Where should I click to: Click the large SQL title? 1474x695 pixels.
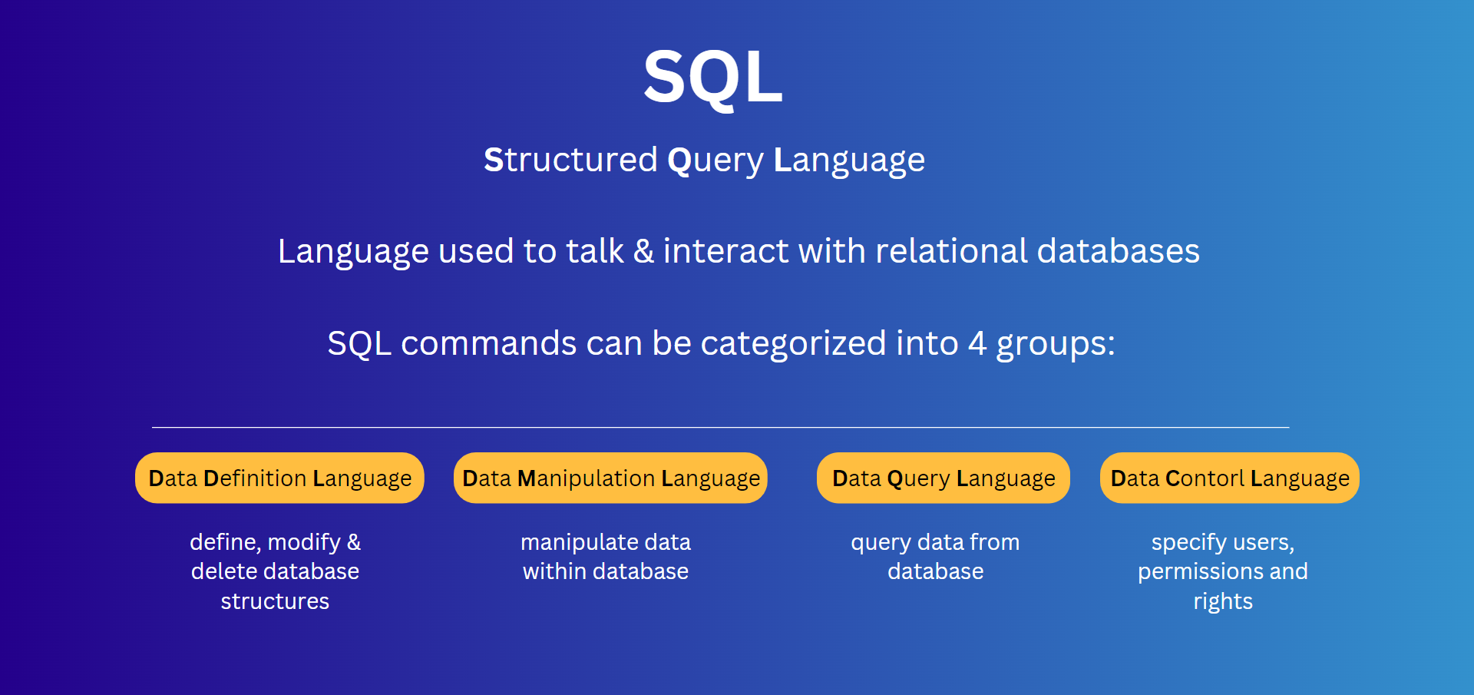point(713,77)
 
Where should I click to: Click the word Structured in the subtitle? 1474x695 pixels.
point(570,160)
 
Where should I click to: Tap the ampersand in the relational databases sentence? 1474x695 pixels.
point(643,251)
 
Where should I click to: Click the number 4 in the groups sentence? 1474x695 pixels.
point(977,343)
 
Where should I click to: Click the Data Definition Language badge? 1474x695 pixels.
point(279,478)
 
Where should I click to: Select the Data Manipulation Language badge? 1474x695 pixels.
point(610,478)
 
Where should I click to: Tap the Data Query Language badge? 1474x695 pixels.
point(944,478)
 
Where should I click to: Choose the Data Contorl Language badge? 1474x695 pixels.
point(1230,478)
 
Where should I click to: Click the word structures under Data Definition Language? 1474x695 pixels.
point(275,601)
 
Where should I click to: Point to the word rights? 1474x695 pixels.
point(1223,602)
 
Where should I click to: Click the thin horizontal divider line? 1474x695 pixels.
point(721,427)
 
